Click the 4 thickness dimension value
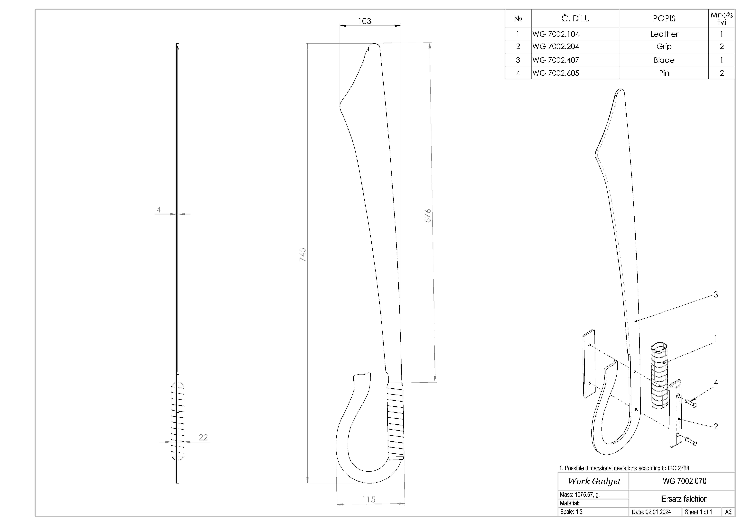tap(158, 210)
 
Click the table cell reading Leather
tap(664, 34)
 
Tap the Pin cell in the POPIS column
tap(664, 73)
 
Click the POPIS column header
tap(664, 18)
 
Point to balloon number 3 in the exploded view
tap(716, 295)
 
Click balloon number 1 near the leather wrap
tap(716, 339)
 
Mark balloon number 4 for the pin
tap(716, 383)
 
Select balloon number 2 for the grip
tap(716, 427)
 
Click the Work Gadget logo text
tap(594, 481)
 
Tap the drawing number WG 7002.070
tap(684, 481)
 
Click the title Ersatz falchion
tap(684, 499)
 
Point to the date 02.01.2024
tap(651, 512)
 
